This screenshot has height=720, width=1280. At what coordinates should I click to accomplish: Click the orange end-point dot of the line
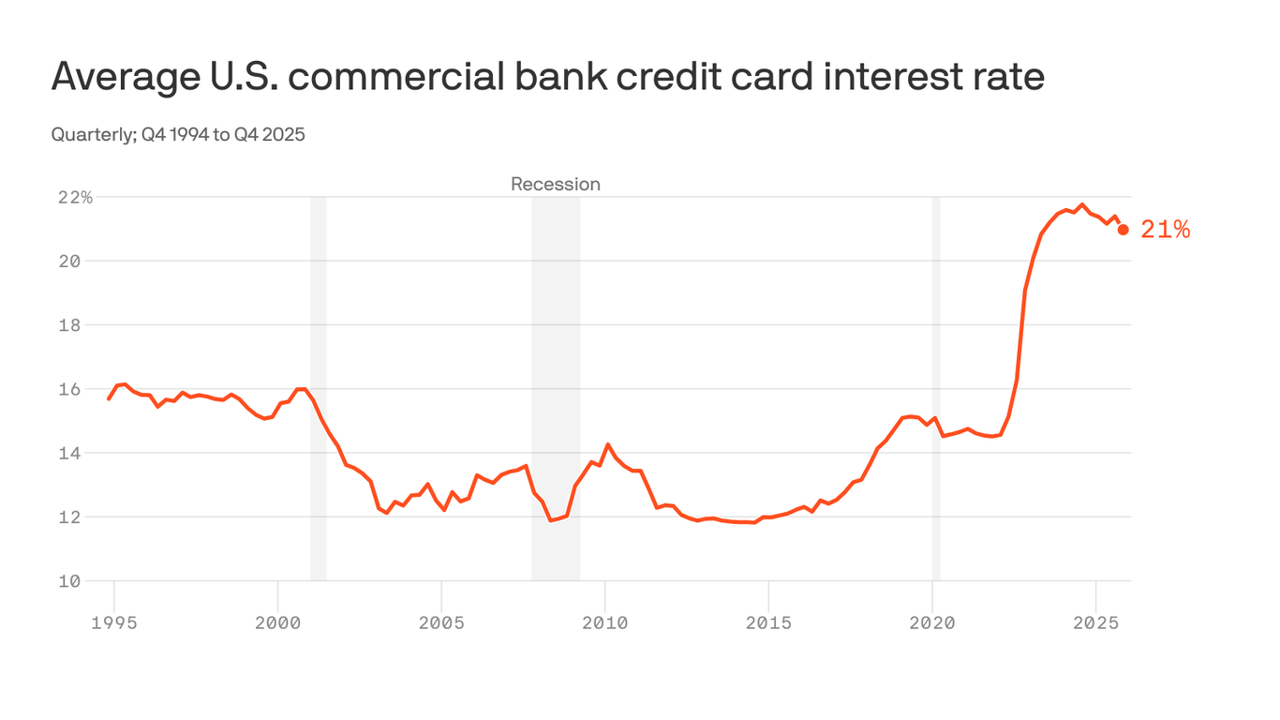1123,230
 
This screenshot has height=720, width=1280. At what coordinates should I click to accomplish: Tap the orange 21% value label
1165,230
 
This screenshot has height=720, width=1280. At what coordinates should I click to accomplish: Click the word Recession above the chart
555,185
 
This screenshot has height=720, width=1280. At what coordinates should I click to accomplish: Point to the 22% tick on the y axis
75,198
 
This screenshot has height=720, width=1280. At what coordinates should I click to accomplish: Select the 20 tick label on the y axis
70,262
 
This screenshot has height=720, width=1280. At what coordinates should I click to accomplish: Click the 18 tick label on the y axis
70,325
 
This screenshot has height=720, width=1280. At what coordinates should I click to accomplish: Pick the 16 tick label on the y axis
70,389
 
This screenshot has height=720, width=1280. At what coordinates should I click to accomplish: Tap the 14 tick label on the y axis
70,454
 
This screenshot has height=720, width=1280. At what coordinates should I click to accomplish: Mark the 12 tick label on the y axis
70,517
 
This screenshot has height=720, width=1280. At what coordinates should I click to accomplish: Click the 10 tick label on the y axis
70,581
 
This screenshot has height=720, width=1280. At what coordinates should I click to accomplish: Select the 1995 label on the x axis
114,623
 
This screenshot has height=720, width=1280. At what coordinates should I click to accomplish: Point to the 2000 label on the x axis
277,623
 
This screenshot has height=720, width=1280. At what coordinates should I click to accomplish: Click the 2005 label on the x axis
441,623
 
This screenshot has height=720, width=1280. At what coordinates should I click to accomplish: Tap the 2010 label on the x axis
605,623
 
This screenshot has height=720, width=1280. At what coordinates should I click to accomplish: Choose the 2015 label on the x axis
768,623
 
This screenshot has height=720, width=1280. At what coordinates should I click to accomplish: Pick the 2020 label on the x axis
932,623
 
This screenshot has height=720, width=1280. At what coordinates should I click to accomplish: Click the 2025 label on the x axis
1096,623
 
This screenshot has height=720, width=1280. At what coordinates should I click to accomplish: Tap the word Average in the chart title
112,77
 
